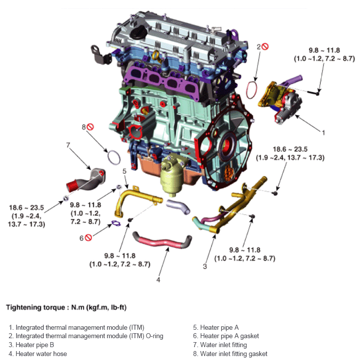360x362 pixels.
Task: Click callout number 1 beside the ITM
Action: (x=323, y=133)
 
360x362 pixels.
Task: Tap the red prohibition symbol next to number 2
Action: (x=265, y=47)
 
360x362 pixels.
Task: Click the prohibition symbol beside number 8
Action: (x=90, y=127)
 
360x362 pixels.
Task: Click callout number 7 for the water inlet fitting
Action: (x=68, y=145)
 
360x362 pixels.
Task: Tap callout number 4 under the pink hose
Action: (x=158, y=280)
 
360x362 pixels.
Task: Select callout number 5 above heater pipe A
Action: (x=125, y=171)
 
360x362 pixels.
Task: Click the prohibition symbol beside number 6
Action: (x=89, y=238)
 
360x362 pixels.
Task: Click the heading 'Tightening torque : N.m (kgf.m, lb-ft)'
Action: (x=66, y=307)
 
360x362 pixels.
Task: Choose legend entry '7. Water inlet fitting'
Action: (x=219, y=345)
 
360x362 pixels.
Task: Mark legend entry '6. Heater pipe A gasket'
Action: (x=226, y=336)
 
